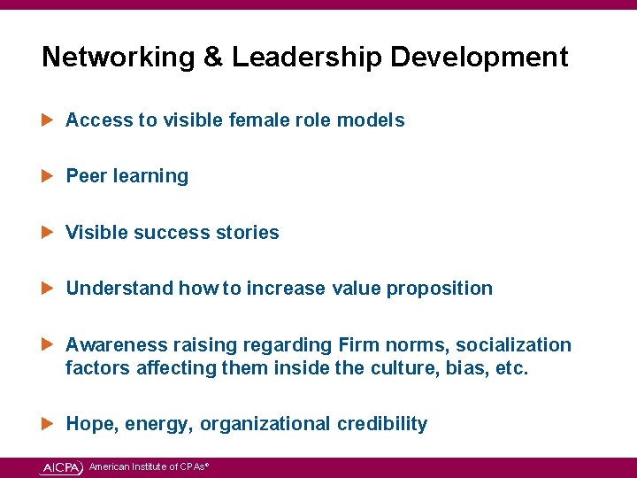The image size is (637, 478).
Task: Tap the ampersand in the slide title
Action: (x=213, y=58)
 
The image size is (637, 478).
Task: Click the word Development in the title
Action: (x=479, y=58)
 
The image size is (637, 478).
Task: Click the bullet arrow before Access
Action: (x=49, y=119)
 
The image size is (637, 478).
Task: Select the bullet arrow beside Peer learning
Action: (x=49, y=175)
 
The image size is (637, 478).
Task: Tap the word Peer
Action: (x=87, y=176)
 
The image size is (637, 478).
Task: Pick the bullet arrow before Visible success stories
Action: (x=49, y=232)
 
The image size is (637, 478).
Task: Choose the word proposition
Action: (x=439, y=289)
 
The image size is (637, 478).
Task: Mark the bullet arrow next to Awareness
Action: (x=49, y=344)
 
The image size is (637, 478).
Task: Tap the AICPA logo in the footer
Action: (x=62, y=467)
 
